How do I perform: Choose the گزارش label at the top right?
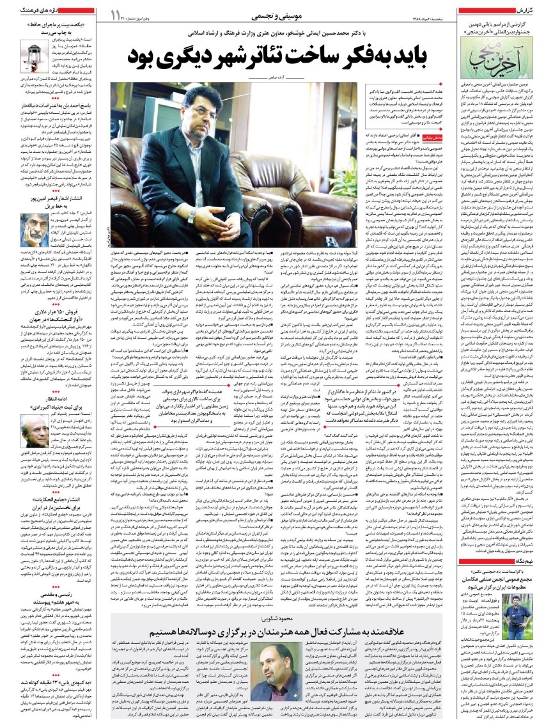[535, 11]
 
